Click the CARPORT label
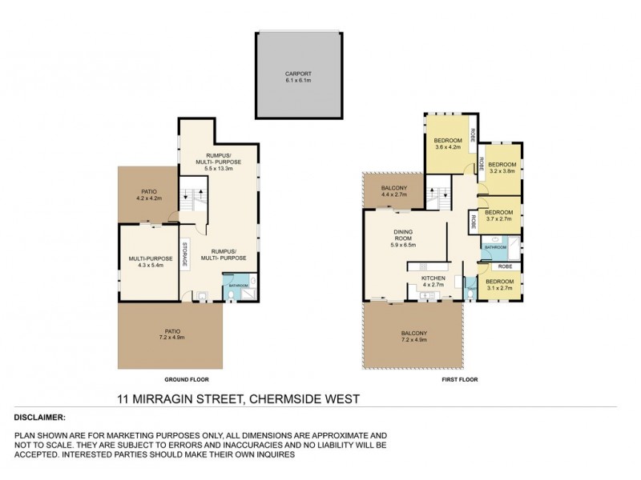(x=296, y=75)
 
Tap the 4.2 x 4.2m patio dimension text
(x=147, y=197)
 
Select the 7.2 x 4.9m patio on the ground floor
(x=169, y=336)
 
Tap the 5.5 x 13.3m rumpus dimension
(x=219, y=162)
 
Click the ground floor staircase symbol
(x=192, y=198)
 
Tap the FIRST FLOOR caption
(x=459, y=380)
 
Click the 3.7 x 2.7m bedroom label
(x=499, y=218)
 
